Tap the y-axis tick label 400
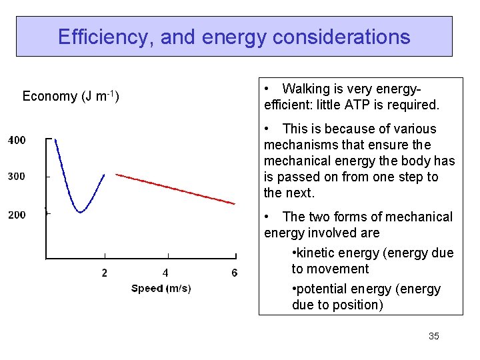(x=17, y=140)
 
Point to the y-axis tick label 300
(x=17, y=177)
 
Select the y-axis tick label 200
(x=17, y=215)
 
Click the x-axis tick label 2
(x=105, y=273)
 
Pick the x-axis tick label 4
(x=165, y=273)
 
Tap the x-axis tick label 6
(x=234, y=273)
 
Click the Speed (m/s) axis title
(x=161, y=289)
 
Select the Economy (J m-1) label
(x=71, y=97)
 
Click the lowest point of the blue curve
(x=80, y=212)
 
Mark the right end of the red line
(x=235, y=203)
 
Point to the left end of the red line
(x=117, y=174)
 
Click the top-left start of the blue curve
(x=55, y=140)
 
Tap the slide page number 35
(x=433, y=336)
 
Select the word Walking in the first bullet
(x=306, y=89)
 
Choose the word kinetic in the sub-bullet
(x=315, y=253)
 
